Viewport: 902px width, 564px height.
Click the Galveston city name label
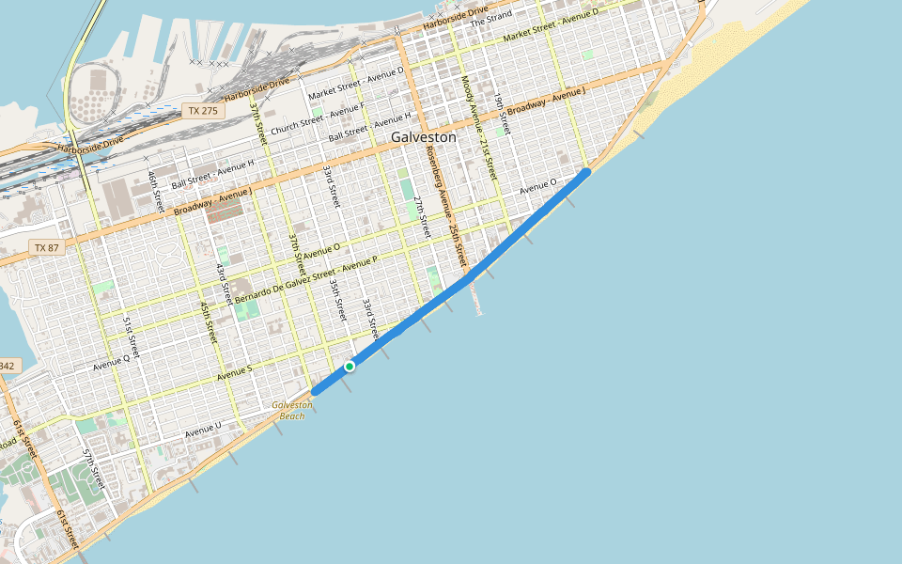point(423,137)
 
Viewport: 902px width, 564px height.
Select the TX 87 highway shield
point(46,247)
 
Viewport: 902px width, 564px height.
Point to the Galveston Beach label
point(292,410)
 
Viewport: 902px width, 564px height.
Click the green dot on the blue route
point(350,366)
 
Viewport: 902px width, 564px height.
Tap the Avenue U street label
point(203,431)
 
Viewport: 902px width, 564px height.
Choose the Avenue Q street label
point(111,359)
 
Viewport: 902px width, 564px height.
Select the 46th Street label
point(155,190)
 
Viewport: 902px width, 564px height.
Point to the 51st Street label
point(131,337)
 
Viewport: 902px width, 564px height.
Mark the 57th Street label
point(91,468)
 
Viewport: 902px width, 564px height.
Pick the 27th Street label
point(422,217)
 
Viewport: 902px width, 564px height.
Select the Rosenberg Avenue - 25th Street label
point(445,204)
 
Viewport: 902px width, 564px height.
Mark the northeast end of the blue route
point(587,172)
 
